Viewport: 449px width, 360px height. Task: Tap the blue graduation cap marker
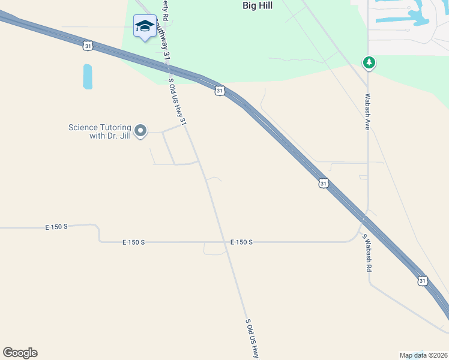coord(145,26)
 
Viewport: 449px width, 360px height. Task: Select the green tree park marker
coord(369,62)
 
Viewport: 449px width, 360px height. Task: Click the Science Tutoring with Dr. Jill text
coord(99,131)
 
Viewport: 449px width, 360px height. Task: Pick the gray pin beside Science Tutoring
coord(140,130)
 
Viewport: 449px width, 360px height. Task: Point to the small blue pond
coord(88,76)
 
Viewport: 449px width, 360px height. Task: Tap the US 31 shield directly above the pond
coord(88,46)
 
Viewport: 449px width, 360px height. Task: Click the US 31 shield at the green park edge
coord(219,91)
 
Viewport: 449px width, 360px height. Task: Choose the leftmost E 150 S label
coord(56,227)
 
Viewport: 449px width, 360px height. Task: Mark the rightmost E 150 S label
coord(241,242)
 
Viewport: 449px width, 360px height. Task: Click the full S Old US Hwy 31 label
coord(178,102)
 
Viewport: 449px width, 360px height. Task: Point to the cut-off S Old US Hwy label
coord(252,338)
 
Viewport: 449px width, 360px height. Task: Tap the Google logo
coord(20,352)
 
